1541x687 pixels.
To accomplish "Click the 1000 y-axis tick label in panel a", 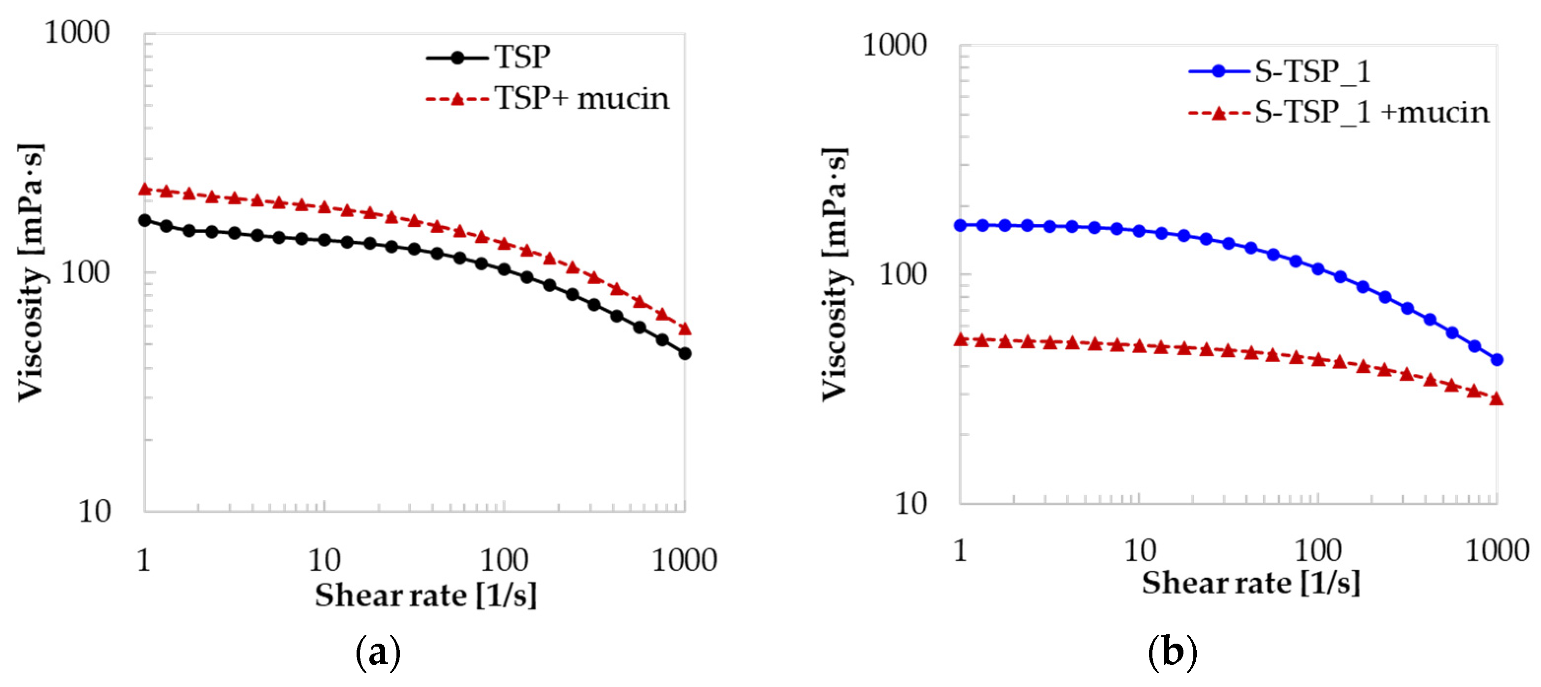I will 77,33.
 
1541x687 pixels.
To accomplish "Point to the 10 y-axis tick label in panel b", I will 911,504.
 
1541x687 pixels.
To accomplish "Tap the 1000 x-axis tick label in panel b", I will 1497,551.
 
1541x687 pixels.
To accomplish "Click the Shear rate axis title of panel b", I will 1250,584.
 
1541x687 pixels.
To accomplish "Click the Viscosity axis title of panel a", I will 31,272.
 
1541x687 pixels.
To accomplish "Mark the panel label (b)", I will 1172,652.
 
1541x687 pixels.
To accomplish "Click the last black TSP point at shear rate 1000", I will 685,354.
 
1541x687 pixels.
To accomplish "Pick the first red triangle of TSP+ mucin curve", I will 144,190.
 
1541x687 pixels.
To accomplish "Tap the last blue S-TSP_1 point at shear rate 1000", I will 1497,360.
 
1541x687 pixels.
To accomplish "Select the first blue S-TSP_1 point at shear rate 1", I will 960,226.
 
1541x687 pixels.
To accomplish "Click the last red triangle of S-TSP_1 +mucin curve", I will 1496,399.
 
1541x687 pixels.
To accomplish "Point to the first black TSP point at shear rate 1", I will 144,221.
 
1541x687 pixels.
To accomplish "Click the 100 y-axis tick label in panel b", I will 902,275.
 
